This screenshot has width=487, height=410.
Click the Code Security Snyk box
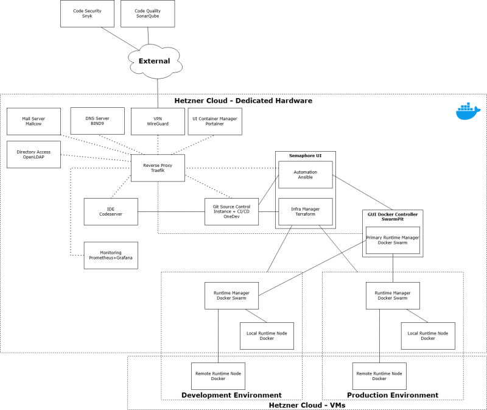(x=87, y=13)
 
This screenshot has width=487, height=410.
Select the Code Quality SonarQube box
(x=148, y=13)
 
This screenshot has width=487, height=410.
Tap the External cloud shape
(x=154, y=61)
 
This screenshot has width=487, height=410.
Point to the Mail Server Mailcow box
(x=34, y=121)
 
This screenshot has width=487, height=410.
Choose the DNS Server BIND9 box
(x=97, y=121)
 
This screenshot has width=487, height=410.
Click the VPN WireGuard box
(x=158, y=121)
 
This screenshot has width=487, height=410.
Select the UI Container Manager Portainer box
(x=215, y=121)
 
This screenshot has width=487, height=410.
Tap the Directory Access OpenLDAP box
(x=33, y=154)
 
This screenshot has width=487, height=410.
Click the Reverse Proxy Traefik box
(x=158, y=168)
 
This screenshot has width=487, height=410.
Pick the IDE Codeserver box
(x=111, y=211)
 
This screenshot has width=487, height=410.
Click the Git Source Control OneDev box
(x=231, y=211)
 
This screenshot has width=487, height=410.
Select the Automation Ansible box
(x=306, y=175)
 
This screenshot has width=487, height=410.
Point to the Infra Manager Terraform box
(x=306, y=211)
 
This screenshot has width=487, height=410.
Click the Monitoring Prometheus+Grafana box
(x=111, y=255)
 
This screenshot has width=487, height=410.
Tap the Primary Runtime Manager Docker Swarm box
(x=393, y=240)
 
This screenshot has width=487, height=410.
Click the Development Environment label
(x=231, y=395)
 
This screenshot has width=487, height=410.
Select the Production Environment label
(x=392, y=395)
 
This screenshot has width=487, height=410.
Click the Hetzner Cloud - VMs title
(x=307, y=405)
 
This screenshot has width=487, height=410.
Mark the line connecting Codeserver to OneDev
(x=171, y=211)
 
